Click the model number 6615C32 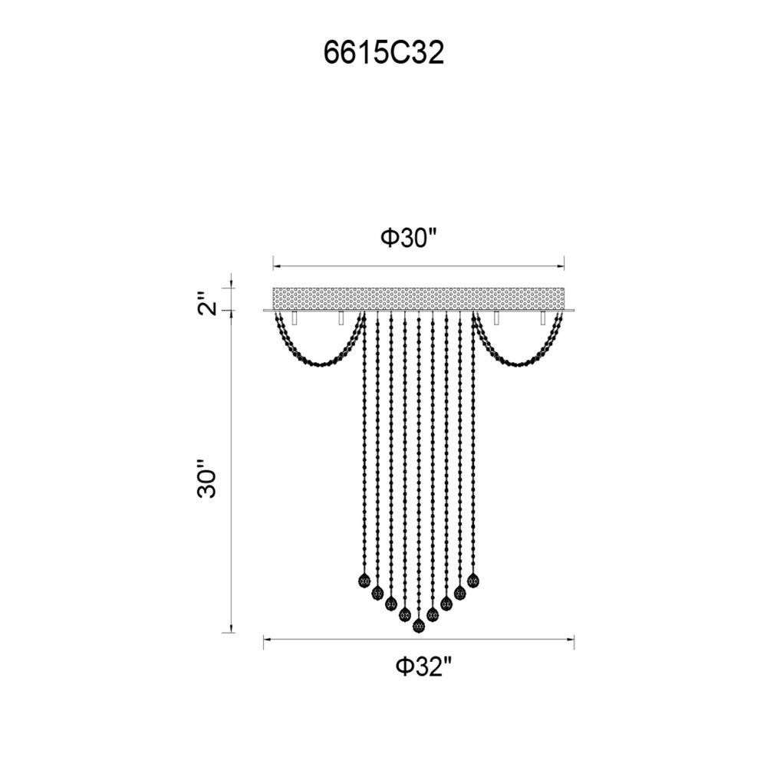(x=384, y=53)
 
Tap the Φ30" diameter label (x=409, y=239)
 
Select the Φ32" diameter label (x=423, y=666)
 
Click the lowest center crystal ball (x=418, y=625)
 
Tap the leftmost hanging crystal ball (x=364, y=581)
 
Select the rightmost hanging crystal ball (x=473, y=581)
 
